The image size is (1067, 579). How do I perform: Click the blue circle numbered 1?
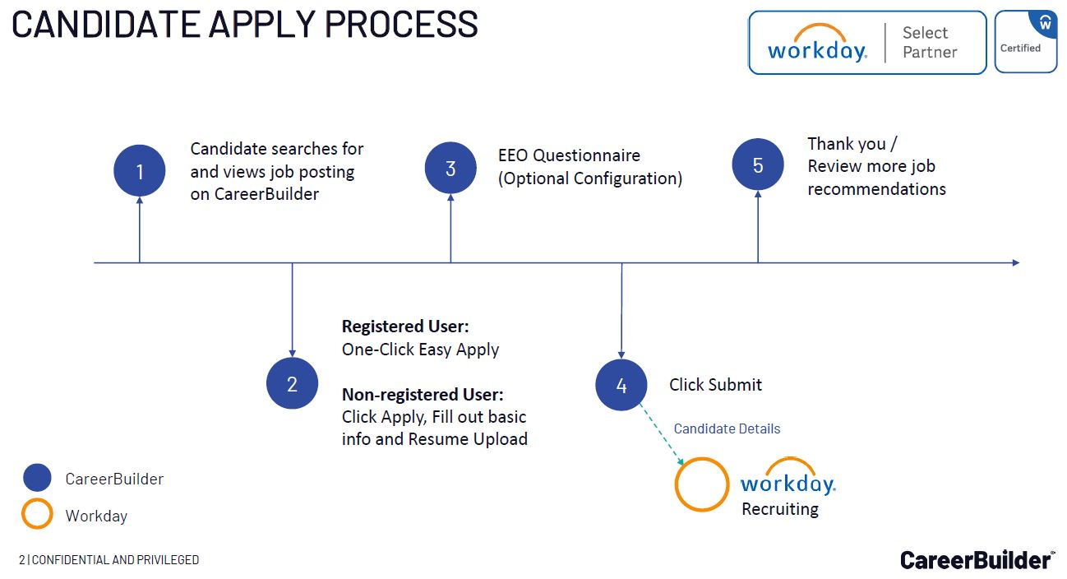coord(140,171)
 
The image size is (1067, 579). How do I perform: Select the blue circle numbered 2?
coord(292,383)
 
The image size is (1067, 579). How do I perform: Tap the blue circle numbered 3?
coord(450,168)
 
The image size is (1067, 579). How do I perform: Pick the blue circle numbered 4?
coord(621,385)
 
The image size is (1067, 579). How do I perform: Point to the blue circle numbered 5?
coord(758,164)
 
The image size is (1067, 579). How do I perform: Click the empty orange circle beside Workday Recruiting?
coord(702,484)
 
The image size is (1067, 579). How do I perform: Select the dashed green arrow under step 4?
coord(663,434)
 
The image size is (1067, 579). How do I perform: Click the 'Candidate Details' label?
coord(727,428)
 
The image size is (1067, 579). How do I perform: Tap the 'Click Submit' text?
coord(715,385)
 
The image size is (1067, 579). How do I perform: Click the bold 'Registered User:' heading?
coord(405,327)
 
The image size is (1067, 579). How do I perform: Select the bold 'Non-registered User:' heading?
coord(423,394)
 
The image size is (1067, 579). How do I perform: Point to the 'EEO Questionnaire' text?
coord(569,155)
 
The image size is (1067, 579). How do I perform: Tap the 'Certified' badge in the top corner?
coord(1025,42)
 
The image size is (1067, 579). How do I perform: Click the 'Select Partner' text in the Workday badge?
coord(929,43)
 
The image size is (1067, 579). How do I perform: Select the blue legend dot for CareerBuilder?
coord(38,479)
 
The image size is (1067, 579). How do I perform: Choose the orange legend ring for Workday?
coord(38,516)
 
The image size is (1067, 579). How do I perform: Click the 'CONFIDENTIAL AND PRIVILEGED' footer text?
coord(115,560)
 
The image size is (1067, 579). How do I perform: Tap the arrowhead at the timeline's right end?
coord(1015,262)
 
